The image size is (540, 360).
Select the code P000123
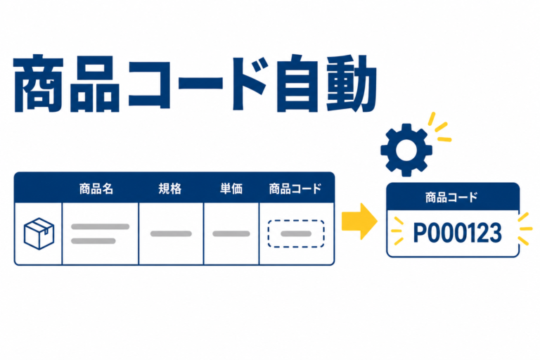click(x=457, y=233)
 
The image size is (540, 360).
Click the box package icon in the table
click(x=39, y=233)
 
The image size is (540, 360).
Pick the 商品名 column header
click(x=96, y=188)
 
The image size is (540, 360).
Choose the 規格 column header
click(x=169, y=188)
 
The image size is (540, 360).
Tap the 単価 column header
click(x=231, y=188)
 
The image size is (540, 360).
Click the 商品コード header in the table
click(x=295, y=188)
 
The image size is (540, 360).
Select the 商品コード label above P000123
click(x=451, y=198)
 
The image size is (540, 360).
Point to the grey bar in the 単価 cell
click(x=231, y=233)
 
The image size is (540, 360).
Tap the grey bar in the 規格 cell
click(x=171, y=233)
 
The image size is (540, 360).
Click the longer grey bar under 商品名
click(x=101, y=226)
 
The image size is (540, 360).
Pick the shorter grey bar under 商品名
click(x=93, y=240)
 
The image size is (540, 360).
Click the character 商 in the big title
click(x=38, y=84)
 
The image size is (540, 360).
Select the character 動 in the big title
click(x=352, y=84)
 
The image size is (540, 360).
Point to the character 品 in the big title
click(x=95, y=84)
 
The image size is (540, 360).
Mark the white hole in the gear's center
click(x=406, y=150)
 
